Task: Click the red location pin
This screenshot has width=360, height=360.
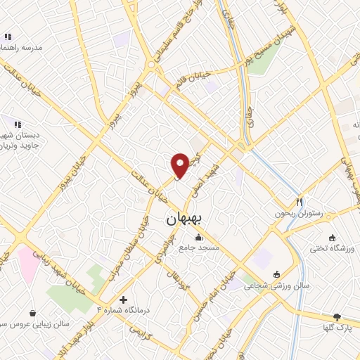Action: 181,165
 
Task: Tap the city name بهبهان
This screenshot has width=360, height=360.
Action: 184,219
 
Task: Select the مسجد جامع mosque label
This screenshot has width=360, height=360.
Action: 199,247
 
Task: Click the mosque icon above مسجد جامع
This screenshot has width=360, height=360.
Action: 198,237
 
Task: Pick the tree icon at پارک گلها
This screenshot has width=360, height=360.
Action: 337,317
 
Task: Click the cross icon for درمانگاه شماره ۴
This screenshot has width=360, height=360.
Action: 124,300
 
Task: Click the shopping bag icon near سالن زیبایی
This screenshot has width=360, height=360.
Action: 32,313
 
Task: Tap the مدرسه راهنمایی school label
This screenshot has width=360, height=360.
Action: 22,47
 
